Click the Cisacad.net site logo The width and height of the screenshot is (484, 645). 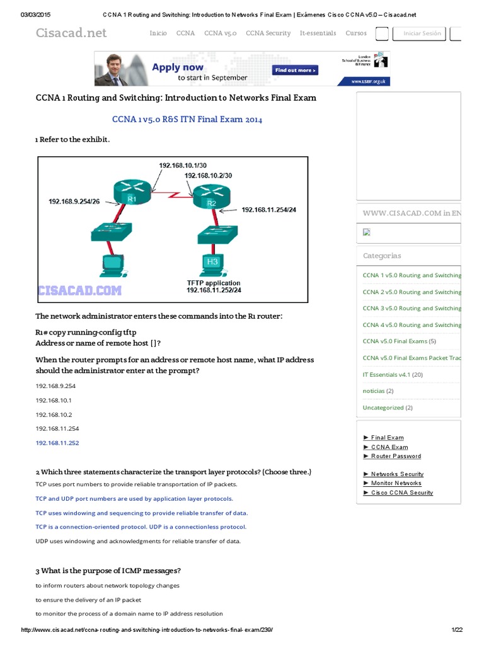(x=71, y=33)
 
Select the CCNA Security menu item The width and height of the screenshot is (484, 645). (x=268, y=33)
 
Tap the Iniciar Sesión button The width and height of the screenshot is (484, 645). (x=423, y=33)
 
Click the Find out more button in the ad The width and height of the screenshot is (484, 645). (x=294, y=71)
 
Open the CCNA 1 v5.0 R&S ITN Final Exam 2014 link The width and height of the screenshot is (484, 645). (x=187, y=119)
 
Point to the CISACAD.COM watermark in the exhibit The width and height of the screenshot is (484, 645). (x=80, y=290)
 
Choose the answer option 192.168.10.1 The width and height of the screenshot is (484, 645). (x=54, y=400)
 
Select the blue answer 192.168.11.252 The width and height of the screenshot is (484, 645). (x=57, y=443)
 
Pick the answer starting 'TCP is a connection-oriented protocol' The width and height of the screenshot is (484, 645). (x=141, y=527)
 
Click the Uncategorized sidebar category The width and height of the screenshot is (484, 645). (x=383, y=408)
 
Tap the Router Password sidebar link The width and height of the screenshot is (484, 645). (x=396, y=456)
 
